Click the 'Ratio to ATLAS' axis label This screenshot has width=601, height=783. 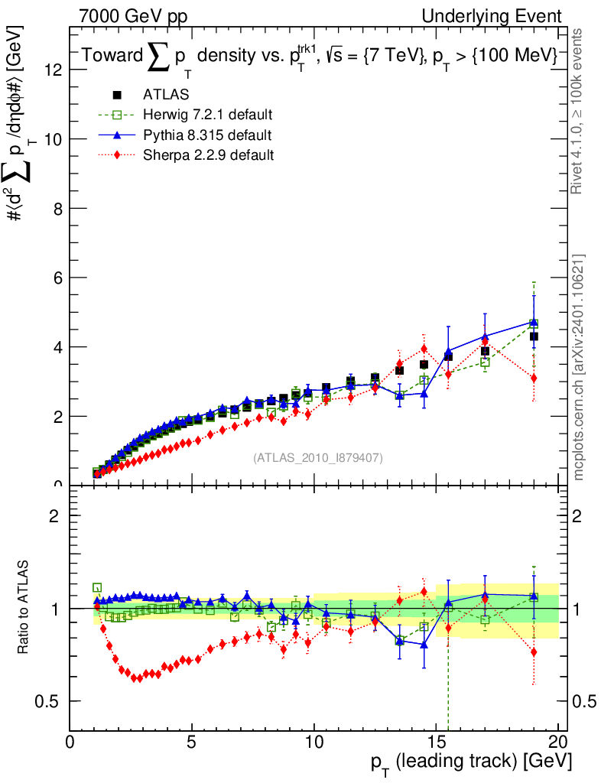(24, 608)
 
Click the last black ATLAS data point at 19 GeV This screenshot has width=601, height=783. (534, 336)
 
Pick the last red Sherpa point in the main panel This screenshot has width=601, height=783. (534, 378)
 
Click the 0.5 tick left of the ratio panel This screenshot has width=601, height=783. (54, 701)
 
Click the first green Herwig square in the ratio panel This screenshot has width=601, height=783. (97, 587)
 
